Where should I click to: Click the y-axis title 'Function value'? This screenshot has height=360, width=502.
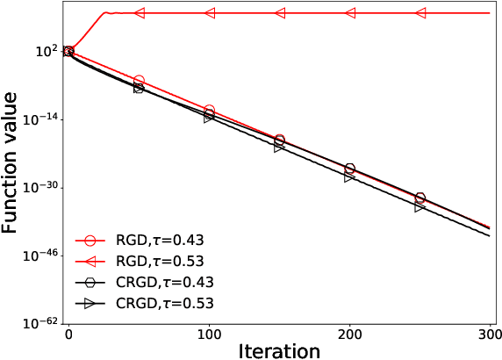click(12, 165)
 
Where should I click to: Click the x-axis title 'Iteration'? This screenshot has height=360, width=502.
click(278, 349)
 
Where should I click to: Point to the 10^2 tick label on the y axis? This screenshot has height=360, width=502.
click(46, 52)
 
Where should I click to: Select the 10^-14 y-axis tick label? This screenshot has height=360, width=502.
click(40, 119)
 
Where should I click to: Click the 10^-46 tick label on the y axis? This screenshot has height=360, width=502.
click(40, 256)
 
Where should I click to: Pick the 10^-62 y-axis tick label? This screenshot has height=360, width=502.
click(40, 323)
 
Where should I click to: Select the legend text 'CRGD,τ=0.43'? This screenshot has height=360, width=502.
click(165, 283)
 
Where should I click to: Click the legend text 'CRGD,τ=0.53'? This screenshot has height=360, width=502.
click(165, 304)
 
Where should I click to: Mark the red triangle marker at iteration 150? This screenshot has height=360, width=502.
click(279, 13)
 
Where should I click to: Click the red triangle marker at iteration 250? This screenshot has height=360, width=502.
click(420, 13)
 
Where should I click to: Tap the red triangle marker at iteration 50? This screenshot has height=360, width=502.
click(139, 13)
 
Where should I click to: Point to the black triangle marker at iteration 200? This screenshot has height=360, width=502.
click(349, 176)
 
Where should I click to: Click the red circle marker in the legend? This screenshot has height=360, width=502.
click(90, 240)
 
